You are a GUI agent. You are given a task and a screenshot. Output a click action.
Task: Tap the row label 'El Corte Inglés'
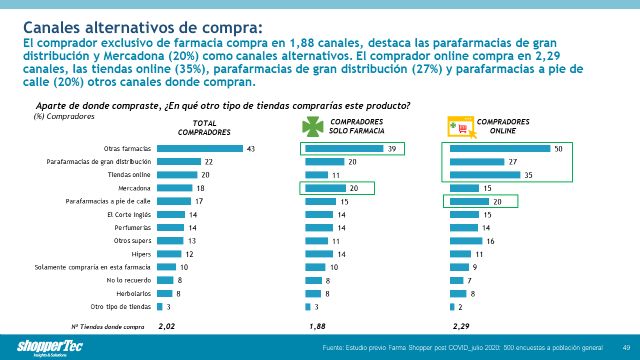129,214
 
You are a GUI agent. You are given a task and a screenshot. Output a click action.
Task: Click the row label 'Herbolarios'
133,294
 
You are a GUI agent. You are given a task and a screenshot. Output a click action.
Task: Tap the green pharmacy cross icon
317,126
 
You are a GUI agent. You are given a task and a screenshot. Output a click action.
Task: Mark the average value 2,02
169,326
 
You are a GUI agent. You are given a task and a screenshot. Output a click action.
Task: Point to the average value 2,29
461,326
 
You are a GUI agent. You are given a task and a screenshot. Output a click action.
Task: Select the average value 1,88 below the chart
317,326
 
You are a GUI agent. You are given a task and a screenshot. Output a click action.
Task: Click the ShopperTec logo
37,345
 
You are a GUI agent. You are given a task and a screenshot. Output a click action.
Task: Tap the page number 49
624,347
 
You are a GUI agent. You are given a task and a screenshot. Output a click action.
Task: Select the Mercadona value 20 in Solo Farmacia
352,187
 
